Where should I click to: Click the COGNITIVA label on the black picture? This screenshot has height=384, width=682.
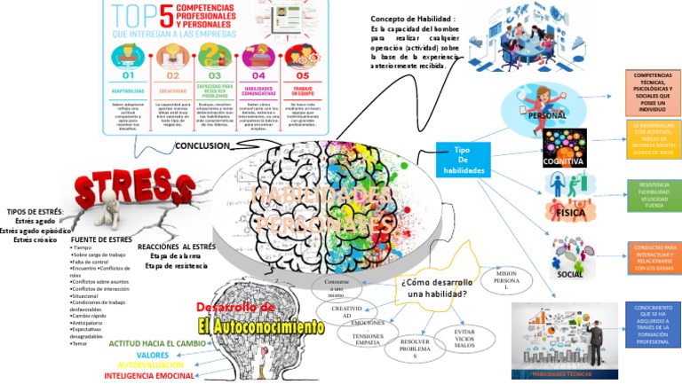tap(564, 161)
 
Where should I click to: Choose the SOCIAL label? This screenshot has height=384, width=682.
tap(569, 274)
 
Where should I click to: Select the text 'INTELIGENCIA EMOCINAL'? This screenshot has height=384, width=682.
tap(149, 376)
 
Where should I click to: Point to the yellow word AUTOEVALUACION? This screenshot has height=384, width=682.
tap(151, 364)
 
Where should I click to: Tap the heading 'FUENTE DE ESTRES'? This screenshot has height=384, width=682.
tap(101, 239)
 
